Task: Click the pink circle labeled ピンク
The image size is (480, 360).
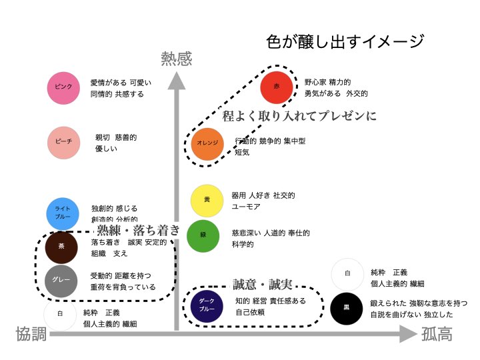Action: [x=64, y=88]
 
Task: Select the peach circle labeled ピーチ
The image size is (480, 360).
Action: [x=64, y=143]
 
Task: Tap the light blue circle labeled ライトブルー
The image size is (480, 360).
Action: [x=64, y=213]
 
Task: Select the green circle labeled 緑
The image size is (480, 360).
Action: [x=203, y=236]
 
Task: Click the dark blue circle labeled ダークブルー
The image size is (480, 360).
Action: [x=203, y=305]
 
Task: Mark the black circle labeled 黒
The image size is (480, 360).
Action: [x=347, y=309]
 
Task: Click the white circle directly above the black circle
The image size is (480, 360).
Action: [x=347, y=274]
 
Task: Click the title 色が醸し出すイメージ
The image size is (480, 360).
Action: [x=345, y=42]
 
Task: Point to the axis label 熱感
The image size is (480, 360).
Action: [x=176, y=59]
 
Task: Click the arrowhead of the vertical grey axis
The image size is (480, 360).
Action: [x=176, y=81]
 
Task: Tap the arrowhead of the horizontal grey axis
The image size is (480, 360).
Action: [x=408, y=335]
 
